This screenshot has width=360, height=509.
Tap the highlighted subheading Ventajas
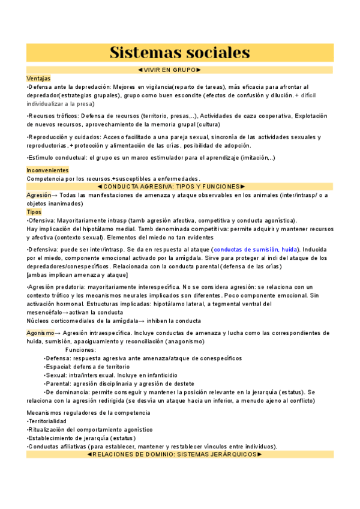pos(38,79)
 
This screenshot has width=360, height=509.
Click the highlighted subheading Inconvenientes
pos(47,170)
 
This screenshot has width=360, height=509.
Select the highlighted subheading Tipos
pos(34,212)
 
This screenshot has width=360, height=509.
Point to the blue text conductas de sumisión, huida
pos(256,249)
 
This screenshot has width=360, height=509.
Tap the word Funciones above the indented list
pos(81,349)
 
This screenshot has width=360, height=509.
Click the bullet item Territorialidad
pos(47,421)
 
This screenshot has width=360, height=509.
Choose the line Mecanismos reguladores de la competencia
pos(88,412)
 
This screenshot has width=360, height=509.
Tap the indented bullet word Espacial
pos(59,366)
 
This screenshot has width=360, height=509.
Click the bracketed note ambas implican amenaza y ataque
pos(77,274)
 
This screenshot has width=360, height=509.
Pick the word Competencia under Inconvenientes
pos(44,179)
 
